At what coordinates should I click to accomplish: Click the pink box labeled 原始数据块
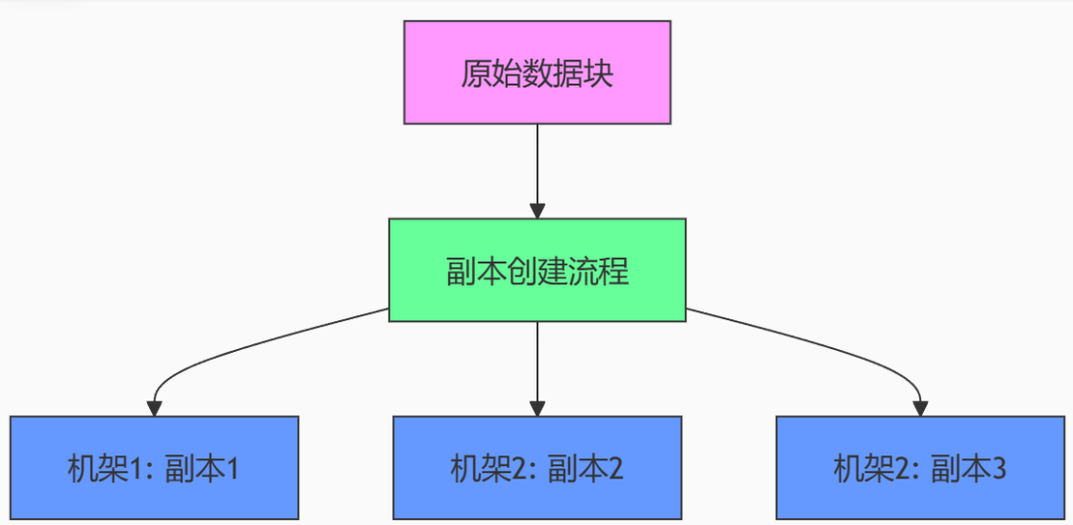pos(537,73)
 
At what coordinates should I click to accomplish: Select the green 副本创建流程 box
pos(537,270)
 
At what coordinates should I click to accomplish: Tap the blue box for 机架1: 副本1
pos(154,467)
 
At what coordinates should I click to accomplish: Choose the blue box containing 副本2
pos(537,467)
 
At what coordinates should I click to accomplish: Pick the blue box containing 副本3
pos(920,467)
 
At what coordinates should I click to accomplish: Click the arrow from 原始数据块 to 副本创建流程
pos(537,171)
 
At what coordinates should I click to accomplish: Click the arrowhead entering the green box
pos(537,212)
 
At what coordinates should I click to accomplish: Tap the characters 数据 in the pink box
pos(537,74)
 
